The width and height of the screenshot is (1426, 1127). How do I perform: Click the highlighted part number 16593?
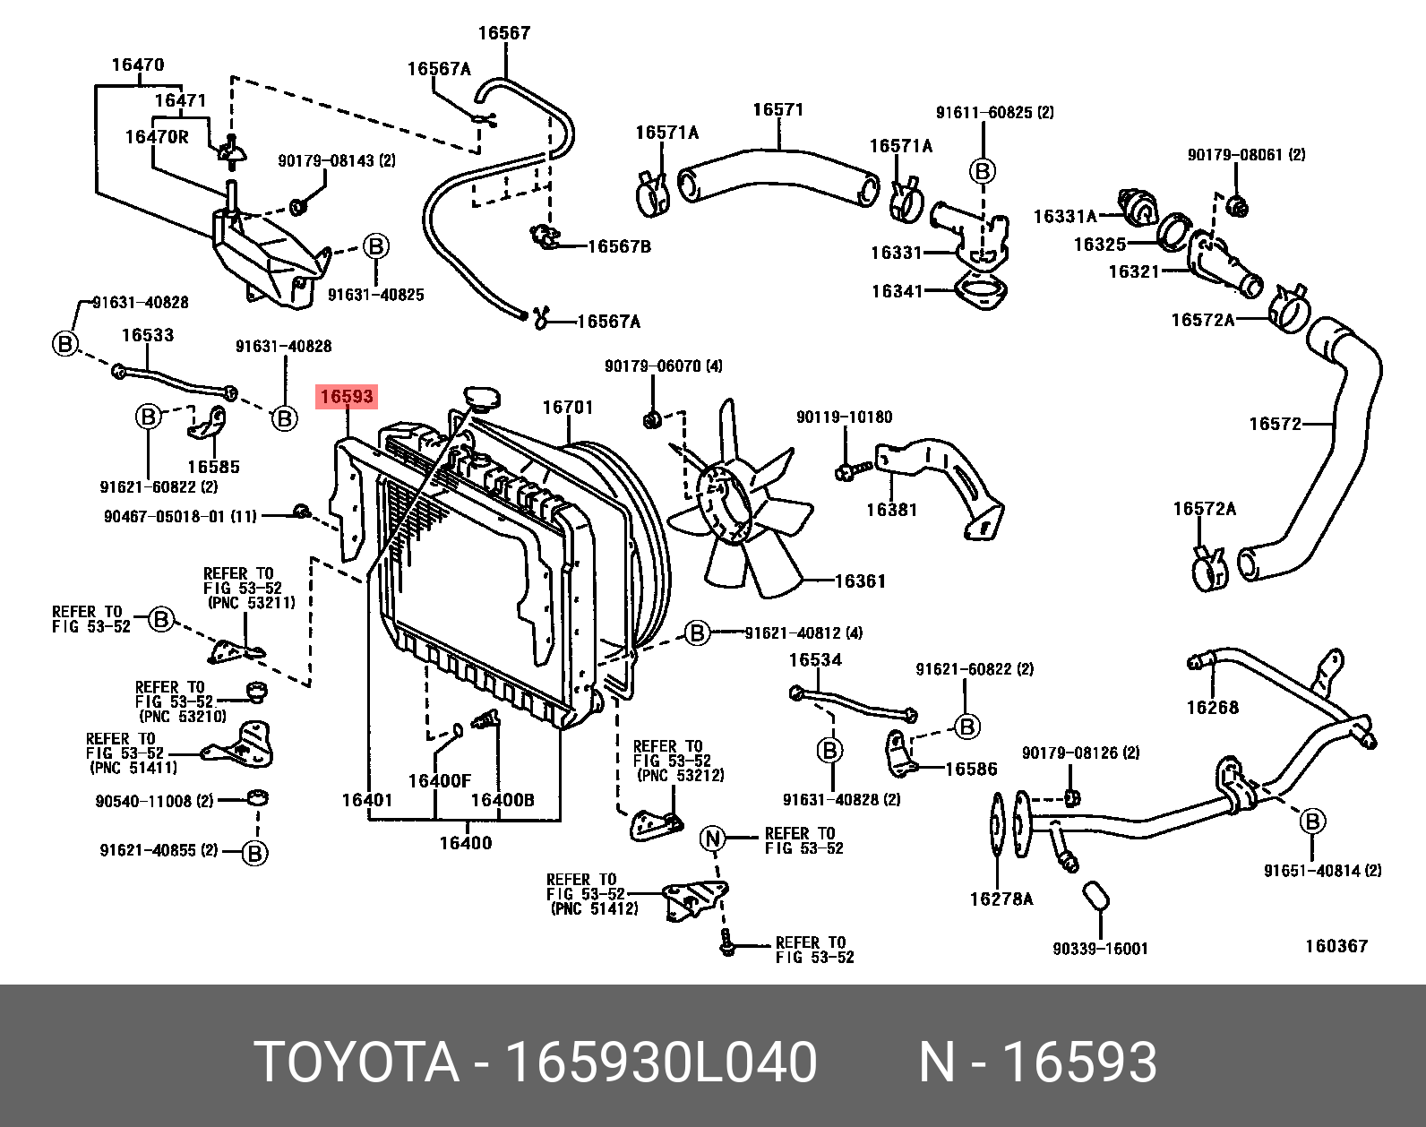click(347, 396)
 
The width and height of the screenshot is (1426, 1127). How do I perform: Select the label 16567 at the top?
click(504, 33)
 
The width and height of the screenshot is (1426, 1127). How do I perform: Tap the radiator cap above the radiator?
click(482, 399)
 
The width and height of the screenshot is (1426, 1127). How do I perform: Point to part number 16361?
click(860, 581)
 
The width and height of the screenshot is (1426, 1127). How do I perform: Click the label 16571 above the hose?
click(777, 109)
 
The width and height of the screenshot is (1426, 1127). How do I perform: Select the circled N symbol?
click(712, 839)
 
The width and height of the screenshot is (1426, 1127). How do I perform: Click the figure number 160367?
click(1336, 946)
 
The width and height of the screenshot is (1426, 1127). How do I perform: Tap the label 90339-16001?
click(1100, 949)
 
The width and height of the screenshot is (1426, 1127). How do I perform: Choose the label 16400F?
click(439, 781)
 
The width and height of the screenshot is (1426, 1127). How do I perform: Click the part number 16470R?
click(157, 137)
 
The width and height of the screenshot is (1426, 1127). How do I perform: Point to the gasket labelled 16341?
click(979, 293)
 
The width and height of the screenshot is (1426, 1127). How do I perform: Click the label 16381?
click(891, 510)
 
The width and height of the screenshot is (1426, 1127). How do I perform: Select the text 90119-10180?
click(844, 417)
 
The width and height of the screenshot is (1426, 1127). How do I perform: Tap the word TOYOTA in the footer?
click(356, 1062)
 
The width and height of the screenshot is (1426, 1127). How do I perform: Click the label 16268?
click(1212, 708)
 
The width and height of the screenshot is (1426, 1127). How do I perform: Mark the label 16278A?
click(1001, 899)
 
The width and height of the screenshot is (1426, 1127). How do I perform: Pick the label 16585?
click(213, 467)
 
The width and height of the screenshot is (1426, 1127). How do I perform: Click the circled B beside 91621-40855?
click(254, 853)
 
